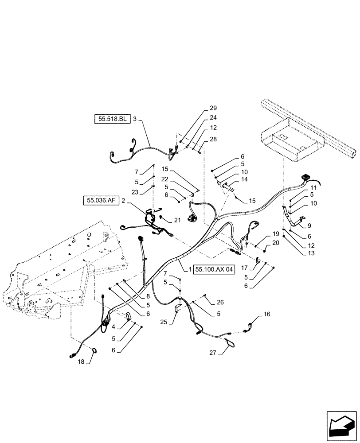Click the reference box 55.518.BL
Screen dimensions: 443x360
[112, 119]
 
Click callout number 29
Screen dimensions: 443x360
[213, 109]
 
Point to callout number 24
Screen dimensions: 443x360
[213, 118]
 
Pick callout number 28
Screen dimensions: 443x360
[213, 139]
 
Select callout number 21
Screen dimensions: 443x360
[177, 220]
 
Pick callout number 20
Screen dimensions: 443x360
[276, 242]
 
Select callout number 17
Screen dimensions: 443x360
[244, 267]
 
